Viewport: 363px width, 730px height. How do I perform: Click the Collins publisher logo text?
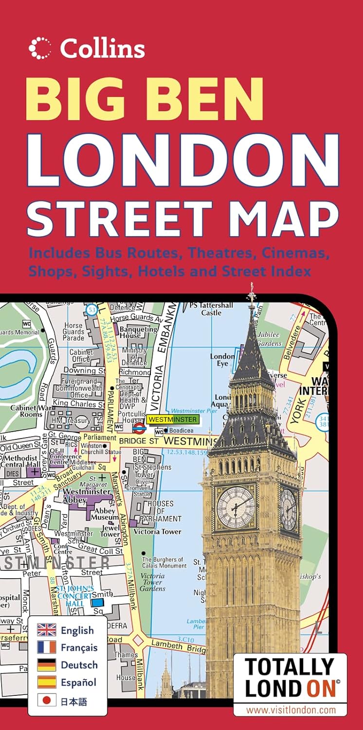pyautogui.click(x=102, y=48)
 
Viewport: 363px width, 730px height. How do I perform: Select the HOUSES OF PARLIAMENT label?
pyautogui.click(x=160, y=511)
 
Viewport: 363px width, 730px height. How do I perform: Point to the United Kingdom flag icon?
pyautogui.click(x=47, y=630)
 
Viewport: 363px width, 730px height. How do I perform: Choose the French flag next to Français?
pyautogui.click(x=47, y=647)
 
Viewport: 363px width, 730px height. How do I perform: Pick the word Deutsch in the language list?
pyautogui.click(x=79, y=665)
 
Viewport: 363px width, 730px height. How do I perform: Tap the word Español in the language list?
pyautogui.click(x=79, y=682)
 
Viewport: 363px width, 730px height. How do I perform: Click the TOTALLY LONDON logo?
pyautogui.click(x=290, y=678)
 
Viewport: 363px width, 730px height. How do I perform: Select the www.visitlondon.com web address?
pyautogui.click(x=290, y=710)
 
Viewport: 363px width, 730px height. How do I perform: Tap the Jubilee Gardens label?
pyautogui.click(x=269, y=339)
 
